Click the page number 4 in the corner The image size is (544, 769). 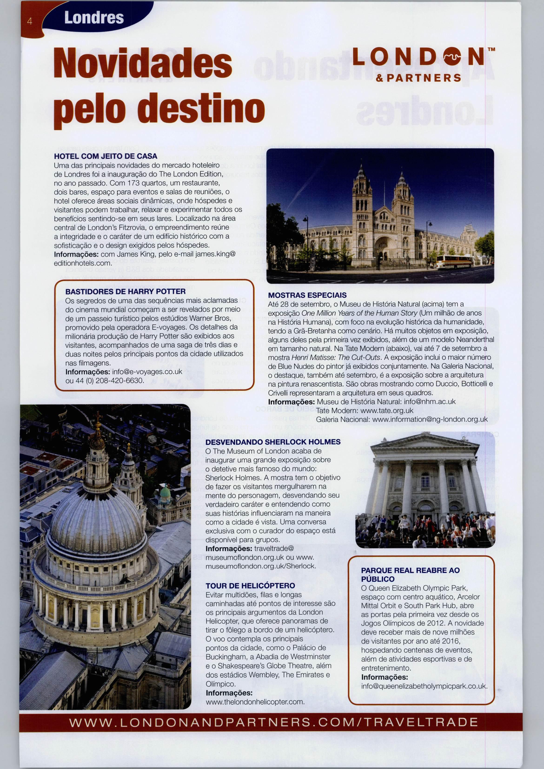(30, 21)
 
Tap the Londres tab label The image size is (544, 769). (94, 18)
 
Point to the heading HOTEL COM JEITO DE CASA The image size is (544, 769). (106, 156)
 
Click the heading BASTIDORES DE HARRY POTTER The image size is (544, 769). (125, 292)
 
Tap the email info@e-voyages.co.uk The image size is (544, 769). (147, 372)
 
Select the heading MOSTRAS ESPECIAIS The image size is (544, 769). (307, 295)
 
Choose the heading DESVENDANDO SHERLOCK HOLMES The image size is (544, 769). (273, 442)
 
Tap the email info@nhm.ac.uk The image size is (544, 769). (430, 401)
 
